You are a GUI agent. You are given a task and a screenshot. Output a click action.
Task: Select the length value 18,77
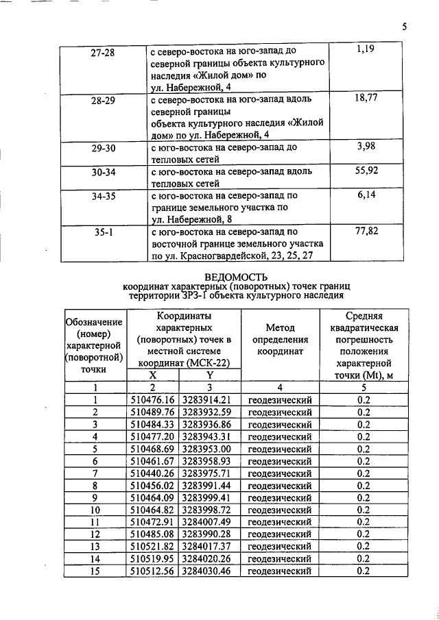click(x=367, y=99)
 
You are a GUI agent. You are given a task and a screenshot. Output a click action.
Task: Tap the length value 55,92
click(x=367, y=171)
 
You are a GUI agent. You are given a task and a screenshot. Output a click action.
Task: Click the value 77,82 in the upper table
click(x=367, y=232)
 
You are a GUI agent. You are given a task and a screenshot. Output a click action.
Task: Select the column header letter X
click(x=152, y=375)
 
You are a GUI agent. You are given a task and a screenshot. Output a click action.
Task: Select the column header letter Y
click(x=210, y=375)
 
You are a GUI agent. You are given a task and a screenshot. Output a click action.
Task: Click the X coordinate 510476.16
click(x=153, y=399)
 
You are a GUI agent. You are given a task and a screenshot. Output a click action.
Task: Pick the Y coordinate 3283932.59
click(x=211, y=412)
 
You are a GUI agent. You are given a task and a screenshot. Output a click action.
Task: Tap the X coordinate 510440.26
click(x=153, y=473)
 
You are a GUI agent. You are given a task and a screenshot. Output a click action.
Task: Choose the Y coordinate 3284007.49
click(x=211, y=521)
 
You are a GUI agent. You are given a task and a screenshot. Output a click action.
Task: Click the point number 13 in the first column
click(x=95, y=546)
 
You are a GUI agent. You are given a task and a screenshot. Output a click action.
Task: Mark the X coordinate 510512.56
click(x=153, y=571)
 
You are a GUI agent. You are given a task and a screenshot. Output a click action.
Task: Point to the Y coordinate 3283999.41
click(x=211, y=497)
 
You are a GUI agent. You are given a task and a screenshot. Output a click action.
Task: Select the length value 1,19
click(x=367, y=50)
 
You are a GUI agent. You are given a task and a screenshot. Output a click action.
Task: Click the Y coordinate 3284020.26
click(x=211, y=558)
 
